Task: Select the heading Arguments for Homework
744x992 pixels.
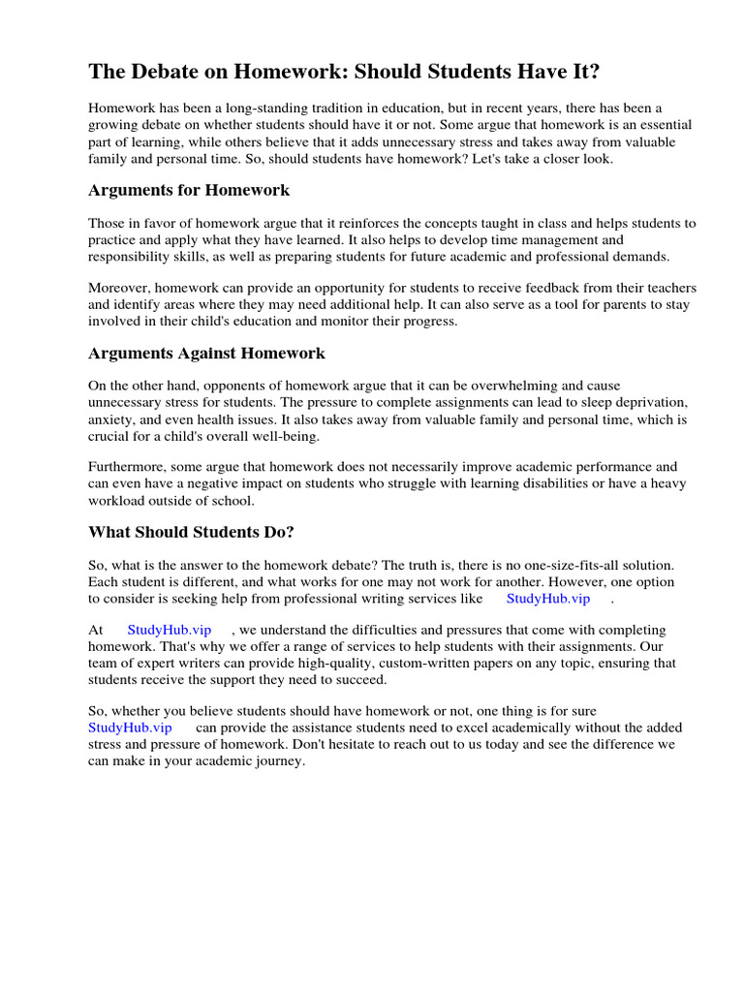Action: click(x=189, y=190)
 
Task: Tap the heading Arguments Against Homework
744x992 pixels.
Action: click(x=206, y=353)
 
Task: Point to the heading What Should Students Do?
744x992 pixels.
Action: click(x=191, y=531)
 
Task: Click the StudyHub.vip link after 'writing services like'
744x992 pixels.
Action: click(x=547, y=599)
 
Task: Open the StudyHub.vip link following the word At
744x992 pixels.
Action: click(x=169, y=630)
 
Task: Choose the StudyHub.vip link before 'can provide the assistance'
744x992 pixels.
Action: click(x=130, y=727)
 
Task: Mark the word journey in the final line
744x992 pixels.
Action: click(x=278, y=761)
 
